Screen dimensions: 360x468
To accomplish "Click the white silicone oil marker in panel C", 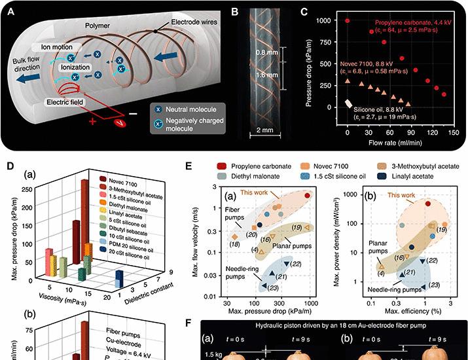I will [348, 103].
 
